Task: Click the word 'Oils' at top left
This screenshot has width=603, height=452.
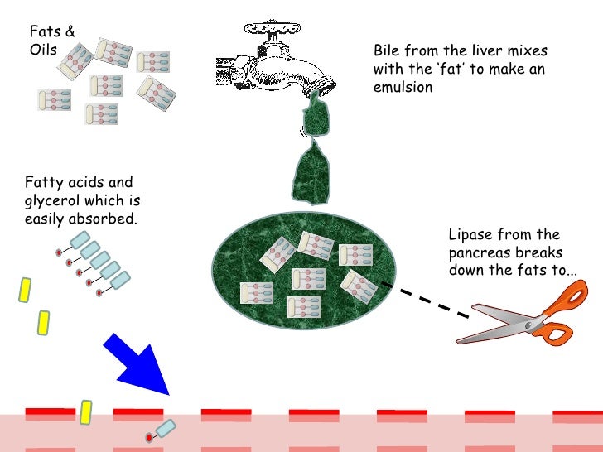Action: click(x=43, y=50)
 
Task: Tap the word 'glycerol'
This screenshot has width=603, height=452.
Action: click(x=55, y=200)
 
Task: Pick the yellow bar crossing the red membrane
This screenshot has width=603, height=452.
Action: click(x=85, y=411)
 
